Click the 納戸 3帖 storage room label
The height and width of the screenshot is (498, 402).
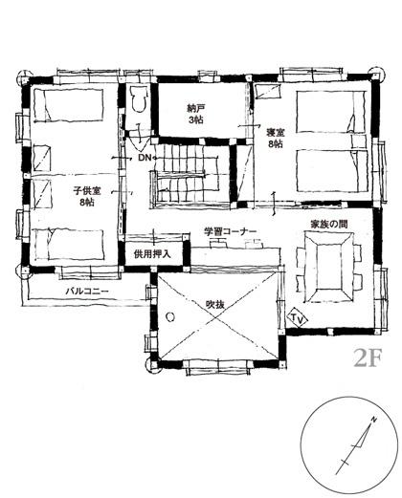click(195, 114)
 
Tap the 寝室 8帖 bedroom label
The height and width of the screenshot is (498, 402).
click(276, 138)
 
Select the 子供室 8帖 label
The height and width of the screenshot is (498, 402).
click(87, 197)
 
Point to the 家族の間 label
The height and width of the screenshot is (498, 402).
click(329, 225)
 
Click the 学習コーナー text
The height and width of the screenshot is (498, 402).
click(231, 231)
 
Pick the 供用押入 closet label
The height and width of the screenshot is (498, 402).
click(152, 254)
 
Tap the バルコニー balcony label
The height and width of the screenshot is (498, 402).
click(87, 292)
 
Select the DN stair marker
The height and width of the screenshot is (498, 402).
click(145, 157)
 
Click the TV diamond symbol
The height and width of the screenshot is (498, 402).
click(297, 317)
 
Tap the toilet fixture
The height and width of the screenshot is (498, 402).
click(139, 98)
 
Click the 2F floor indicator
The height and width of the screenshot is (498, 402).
click(368, 358)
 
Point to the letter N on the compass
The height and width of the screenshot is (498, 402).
click(374, 420)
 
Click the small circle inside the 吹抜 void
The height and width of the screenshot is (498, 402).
click(170, 316)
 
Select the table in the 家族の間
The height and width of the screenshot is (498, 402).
click(328, 267)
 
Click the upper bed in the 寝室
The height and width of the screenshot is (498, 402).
click(330, 112)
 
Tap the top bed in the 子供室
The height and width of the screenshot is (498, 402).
click(68, 105)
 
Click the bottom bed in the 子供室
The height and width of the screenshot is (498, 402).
click(69, 244)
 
